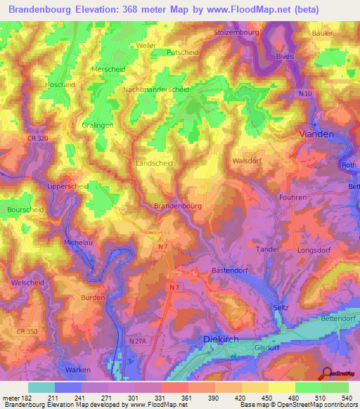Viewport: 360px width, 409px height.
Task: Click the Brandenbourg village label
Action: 178,206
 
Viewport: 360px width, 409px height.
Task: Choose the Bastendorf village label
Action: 232,270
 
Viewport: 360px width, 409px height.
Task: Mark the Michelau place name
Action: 78,242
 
